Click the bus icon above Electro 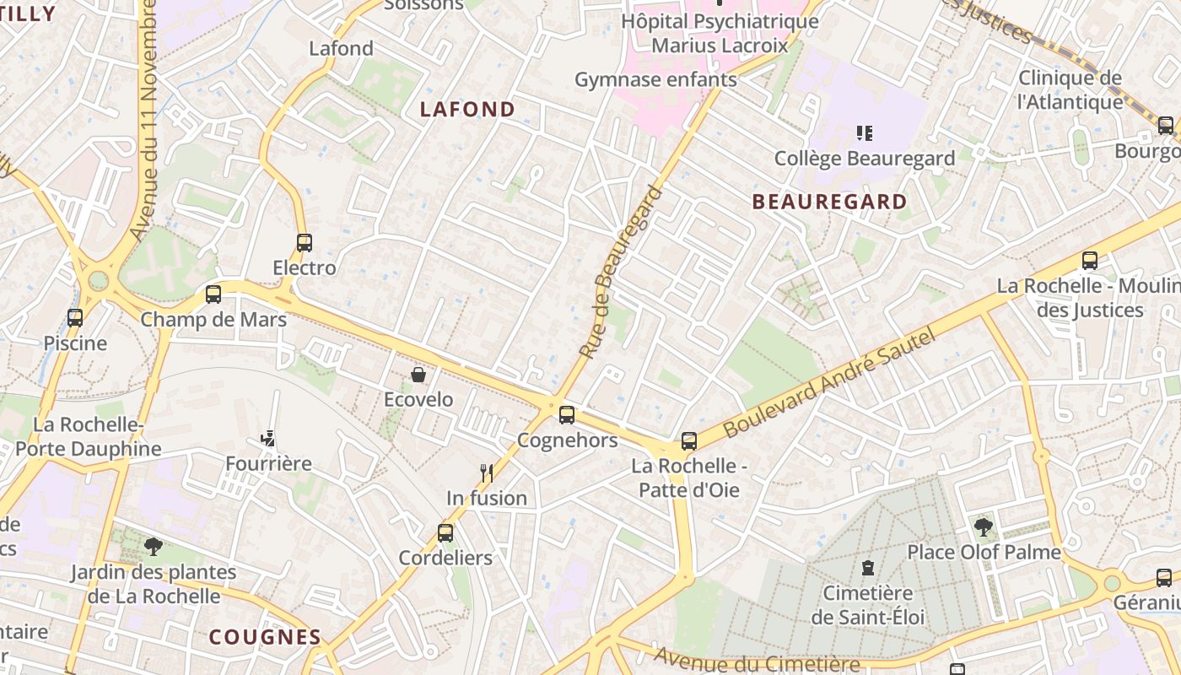click(x=305, y=243)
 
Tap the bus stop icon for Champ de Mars click(x=213, y=294)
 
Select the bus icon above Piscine click(x=75, y=318)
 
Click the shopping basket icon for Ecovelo click(x=418, y=374)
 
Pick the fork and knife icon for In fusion click(x=486, y=472)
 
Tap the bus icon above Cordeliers click(x=445, y=533)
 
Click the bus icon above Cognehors click(x=567, y=415)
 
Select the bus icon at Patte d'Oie click(x=689, y=441)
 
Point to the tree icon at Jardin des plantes click(x=153, y=547)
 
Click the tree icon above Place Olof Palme click(x=983, y=528)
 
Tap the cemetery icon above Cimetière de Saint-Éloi click(x=867, y=568)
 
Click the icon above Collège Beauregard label click(x=864, y=132)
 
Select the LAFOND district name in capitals click(x=467, y=109)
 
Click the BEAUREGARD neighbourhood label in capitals click(x=829, y=202)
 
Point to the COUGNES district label click(x=265, y=637)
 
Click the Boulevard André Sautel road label click(x=830, y=383)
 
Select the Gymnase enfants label click(x=655, y=80)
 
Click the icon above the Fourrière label click(x=268, y=439)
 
